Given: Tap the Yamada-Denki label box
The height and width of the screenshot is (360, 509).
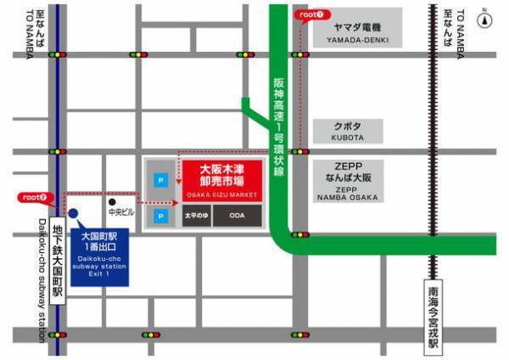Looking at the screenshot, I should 348,33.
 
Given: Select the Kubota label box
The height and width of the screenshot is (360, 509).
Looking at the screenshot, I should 348,131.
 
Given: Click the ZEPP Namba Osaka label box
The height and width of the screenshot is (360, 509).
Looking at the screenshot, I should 348,182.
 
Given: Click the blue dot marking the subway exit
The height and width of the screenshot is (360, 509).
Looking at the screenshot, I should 74,213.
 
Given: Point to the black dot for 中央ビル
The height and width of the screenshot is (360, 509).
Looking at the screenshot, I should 111,203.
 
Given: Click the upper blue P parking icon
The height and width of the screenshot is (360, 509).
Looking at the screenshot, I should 159,179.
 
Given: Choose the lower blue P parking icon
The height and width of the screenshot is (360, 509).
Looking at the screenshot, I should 159,217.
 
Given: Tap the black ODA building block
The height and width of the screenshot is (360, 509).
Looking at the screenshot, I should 237,217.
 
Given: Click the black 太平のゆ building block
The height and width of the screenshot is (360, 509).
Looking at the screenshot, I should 196,217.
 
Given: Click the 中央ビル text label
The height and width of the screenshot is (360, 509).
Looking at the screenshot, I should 120,213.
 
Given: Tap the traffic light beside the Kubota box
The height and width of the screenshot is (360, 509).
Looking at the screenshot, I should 299,151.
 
